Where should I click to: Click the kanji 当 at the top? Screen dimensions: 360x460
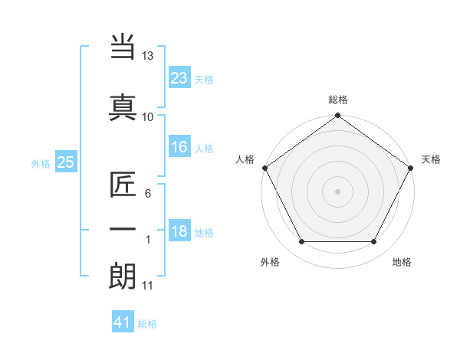click(x=123, y=47)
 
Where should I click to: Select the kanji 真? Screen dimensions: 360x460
click(x=123, y=107)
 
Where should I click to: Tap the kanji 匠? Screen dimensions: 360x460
click(x=123, y=186)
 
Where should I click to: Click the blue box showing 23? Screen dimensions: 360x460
click(x=179, y=78)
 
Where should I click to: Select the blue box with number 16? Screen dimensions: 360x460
click(x=179, y=147)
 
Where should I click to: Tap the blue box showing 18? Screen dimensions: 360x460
click(x=179, y=232)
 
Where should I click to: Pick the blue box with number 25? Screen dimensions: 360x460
click(x=66, y=162)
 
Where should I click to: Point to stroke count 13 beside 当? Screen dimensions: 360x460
click(x=148, y=56)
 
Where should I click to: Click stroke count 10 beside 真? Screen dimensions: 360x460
click(x=148, y=116)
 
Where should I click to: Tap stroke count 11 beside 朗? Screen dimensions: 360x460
click(x=148, y=286)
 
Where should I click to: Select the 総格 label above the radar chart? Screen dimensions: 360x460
click(x=338, y=100)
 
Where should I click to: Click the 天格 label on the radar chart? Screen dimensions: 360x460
click(x=432, y=159)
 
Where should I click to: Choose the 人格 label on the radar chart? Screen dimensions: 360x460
click(x=245, y=159)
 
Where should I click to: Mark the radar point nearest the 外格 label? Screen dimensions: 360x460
click(x=301, y=242)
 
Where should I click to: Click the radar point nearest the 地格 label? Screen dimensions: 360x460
click(x=374, y=242)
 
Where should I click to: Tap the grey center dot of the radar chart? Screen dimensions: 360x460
click(x=337, y=191)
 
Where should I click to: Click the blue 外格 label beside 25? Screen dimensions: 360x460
click(x=41, y=163)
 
